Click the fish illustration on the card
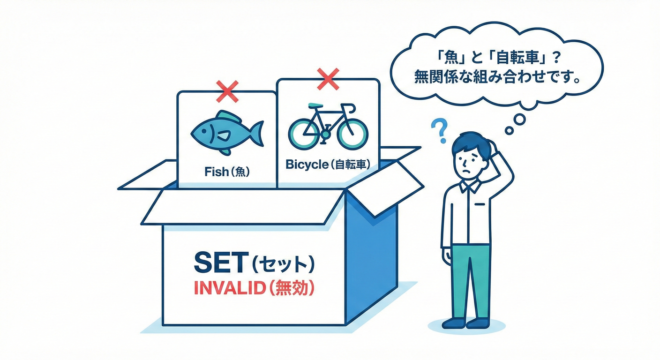pos(227,133)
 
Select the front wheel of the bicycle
pos(352,134)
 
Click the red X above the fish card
pos(227,91)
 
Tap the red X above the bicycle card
pos(328,79)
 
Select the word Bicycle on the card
pos(307,165)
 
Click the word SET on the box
pos(220,262)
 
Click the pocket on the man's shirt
pos(480,204)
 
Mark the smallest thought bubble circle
pos(509,130)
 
